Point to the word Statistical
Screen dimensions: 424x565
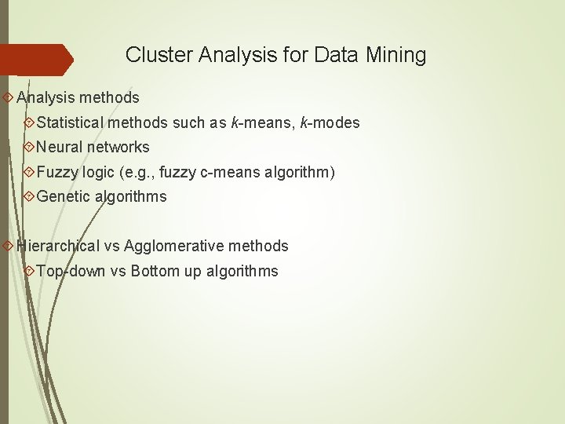coord(70,122)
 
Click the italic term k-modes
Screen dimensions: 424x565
coord(330,122)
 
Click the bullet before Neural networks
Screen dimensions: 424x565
coord(29,148)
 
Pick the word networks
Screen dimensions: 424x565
coord(118,147)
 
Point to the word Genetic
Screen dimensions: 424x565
coord(64,196)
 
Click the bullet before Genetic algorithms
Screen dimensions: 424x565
coord(29,197)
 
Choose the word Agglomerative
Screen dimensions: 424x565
coord(173,246)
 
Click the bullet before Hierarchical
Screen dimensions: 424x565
coord(8,246)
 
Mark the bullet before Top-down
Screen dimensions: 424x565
coord(29,271)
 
